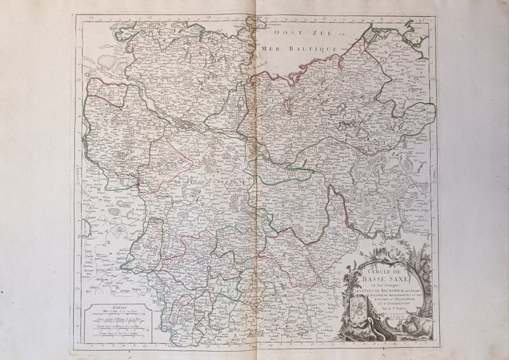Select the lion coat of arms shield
[359, 310]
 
